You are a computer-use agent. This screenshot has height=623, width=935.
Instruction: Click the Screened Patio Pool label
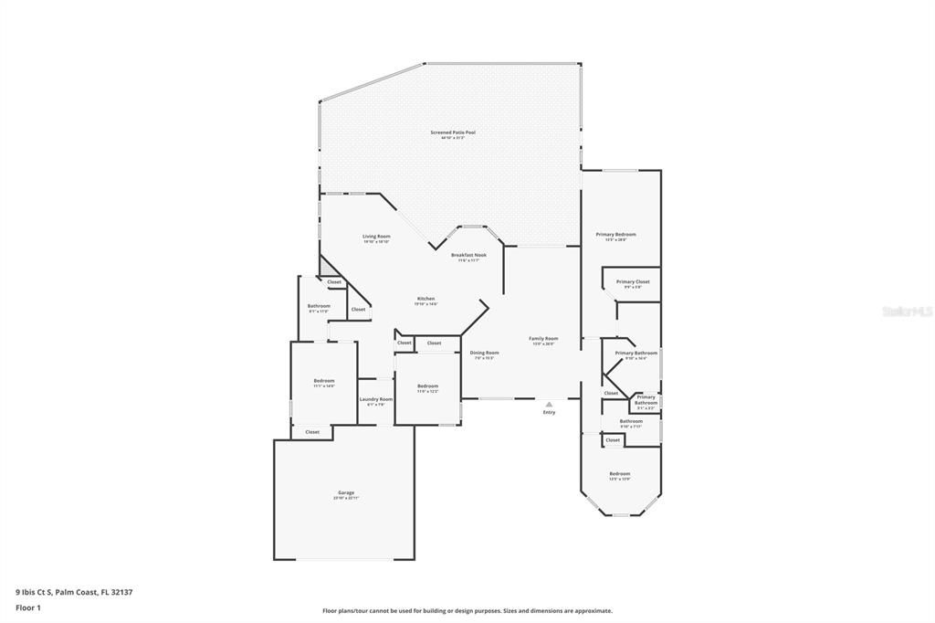(x=453, y=132)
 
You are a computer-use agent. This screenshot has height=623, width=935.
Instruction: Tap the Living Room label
(x=376, y=237)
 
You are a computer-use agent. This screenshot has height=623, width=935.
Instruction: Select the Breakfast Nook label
(x=469, y=256)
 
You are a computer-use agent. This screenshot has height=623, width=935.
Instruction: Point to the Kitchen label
(x=425, y=299)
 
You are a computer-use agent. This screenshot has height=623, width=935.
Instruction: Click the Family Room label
(x=543, y=339)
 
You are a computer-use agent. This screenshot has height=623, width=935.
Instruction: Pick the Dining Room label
(x=484, y=353)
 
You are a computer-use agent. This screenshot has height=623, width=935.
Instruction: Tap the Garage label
(x=346, y=493)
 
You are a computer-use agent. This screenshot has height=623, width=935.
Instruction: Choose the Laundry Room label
(x=375, y=399)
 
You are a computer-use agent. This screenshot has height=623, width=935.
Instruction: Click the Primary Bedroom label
(x=616, y=235)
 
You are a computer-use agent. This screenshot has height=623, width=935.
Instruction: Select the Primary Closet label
(x=632, y=282)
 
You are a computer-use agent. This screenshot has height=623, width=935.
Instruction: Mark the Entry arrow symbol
(x=549, y=404)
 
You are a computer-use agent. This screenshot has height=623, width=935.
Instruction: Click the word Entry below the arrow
(x=549, y=413)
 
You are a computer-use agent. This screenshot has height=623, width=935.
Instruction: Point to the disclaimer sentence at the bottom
(x=467, y=611)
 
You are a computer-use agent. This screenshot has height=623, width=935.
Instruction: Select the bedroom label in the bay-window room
(x=620, y=474)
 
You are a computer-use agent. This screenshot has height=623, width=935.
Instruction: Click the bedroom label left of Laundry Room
(x=324, y=381)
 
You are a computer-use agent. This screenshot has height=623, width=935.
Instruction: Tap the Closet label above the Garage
(x=312, y=432)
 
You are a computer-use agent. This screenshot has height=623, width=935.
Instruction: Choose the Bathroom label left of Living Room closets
(x=319, y=306)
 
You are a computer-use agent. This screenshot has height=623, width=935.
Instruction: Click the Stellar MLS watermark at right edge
(x=906, y=311)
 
